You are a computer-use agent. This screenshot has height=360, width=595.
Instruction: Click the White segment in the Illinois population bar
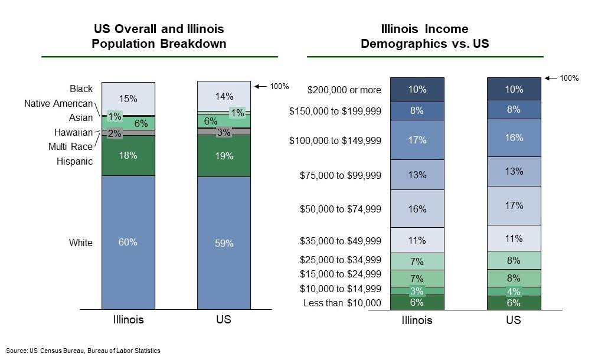128,242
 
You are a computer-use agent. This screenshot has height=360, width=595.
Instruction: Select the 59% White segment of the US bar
224,243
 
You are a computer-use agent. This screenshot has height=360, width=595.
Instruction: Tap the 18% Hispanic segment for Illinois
128,155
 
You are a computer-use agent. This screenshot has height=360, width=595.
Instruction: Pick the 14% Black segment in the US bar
224,96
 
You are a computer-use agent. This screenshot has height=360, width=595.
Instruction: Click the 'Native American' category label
58,104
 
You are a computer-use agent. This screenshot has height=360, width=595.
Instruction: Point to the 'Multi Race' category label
70,146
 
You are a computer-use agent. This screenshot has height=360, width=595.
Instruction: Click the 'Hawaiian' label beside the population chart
73,132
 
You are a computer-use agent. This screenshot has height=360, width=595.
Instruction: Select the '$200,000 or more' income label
344,90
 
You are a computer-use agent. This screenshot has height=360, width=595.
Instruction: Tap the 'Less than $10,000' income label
342,303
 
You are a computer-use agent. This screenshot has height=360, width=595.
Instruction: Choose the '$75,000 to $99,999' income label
340,175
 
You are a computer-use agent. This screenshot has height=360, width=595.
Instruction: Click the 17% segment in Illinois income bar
417,140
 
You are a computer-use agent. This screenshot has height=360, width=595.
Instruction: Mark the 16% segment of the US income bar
514,138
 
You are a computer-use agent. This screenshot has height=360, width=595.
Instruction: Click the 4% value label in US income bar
514,292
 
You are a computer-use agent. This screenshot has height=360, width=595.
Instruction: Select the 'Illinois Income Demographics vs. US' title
424,37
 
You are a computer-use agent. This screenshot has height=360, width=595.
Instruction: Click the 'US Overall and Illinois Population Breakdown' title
159,37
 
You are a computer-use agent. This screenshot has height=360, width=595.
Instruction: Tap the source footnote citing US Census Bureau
83,351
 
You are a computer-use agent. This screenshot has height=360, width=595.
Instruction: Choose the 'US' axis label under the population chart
224,320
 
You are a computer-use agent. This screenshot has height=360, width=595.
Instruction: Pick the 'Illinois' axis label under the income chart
417,320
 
